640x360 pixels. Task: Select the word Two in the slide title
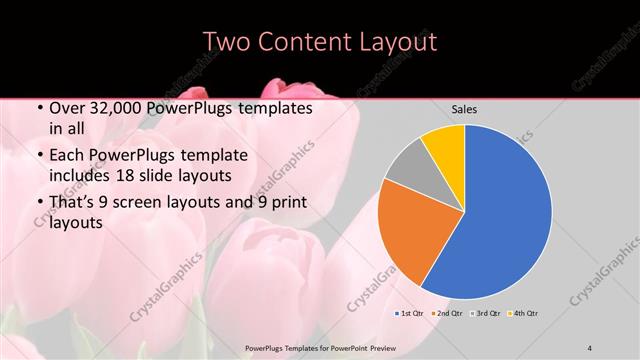(x=227, y=42)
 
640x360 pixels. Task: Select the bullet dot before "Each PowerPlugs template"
(x=38, y=156)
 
